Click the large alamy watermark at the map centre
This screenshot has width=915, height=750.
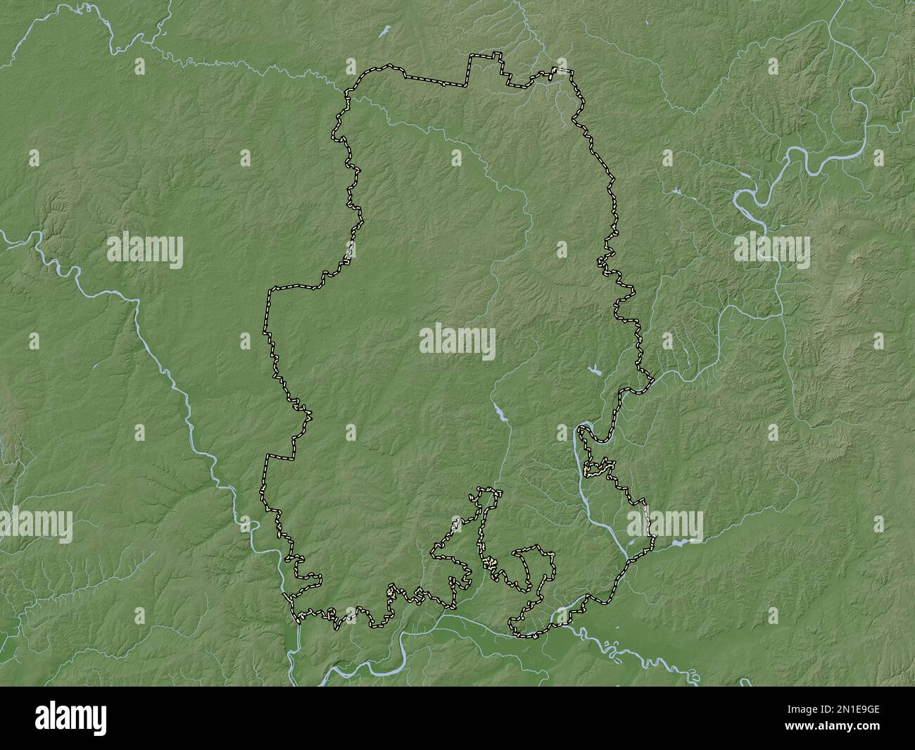[458, 343]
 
